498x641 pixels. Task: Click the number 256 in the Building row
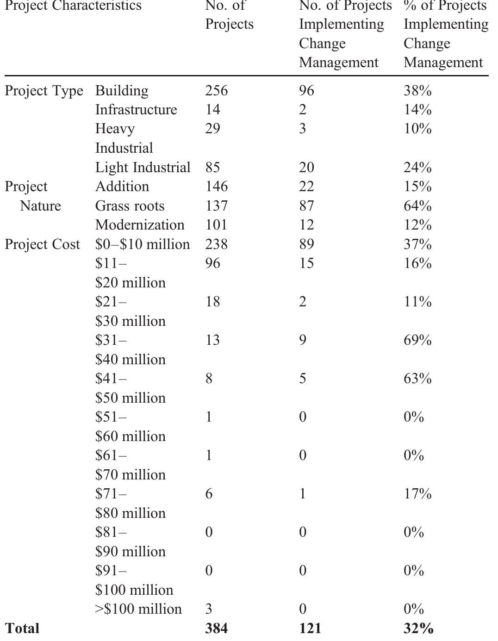click(217, 90)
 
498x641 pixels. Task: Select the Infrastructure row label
click(136, 109)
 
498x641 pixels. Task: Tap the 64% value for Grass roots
click(417, 205)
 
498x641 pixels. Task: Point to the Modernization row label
click(140, 225)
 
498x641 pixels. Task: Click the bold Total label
click(22, 629)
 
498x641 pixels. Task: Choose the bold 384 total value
click(217, 629)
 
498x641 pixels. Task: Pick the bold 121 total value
click(310, 629)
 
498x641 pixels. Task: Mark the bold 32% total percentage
click(418, 629)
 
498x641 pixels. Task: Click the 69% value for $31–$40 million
click(417, 340)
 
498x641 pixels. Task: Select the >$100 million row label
click(138, 609)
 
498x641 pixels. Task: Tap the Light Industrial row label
click(143, 167)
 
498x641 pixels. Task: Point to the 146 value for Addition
click(217, 187)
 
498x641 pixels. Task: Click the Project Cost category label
click(42, 244)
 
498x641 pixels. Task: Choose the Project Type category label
click(44, 91)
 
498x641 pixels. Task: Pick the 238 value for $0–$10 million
click(217, 244)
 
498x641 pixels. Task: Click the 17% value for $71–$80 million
click(417, 494)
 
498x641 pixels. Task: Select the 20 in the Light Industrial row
click(306, 167)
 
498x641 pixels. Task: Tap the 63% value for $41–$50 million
click(417, 379)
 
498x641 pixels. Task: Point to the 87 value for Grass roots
click(306, 205)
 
